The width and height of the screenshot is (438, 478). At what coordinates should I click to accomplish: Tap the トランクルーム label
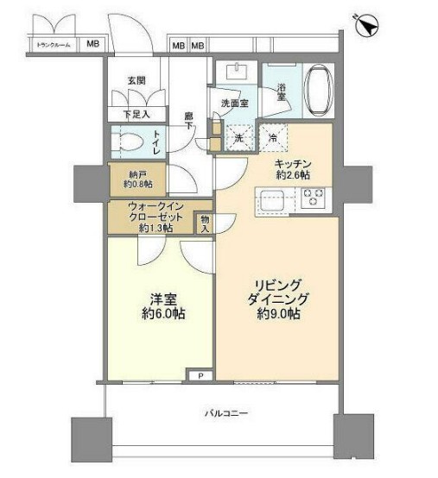pos(53,44)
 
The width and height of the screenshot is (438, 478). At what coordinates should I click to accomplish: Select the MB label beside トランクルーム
pos(92,44)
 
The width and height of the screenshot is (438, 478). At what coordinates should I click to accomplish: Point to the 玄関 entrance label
pos(136,80)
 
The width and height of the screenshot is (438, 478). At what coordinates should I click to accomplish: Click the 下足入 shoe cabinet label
pos(136,112)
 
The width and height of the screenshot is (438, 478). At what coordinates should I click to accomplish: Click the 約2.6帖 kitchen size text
pos(293,175)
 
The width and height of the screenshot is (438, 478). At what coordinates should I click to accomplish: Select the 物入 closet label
pos(205,223)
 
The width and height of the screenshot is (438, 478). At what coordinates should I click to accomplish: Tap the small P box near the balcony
pos(200,376)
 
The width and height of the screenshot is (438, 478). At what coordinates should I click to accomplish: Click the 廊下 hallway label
pos(188,120)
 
